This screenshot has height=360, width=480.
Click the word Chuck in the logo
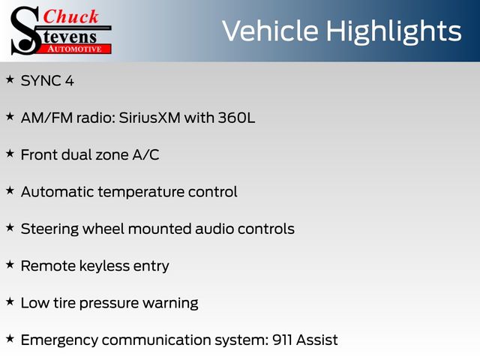point(71,16)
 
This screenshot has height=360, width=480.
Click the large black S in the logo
point(25,31)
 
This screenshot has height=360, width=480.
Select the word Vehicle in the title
point(270,31)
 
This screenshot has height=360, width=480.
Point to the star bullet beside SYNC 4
point(10,79)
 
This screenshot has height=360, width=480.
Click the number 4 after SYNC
point(70,81)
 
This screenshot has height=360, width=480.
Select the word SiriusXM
point(149,118)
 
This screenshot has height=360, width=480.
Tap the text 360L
point(236,118)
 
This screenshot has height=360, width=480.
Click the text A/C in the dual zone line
point(145,154)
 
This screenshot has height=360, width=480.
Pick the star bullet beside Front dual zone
point(10,153)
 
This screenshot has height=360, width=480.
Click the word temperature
point(141,193)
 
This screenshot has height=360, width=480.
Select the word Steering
point(49,229)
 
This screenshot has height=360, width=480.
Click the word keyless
point(104,266)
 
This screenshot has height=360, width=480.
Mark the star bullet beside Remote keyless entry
point(10,265)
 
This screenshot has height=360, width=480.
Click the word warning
point(170,304)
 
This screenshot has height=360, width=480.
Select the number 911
point(282,340)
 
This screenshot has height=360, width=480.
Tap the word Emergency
point(59,340)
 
